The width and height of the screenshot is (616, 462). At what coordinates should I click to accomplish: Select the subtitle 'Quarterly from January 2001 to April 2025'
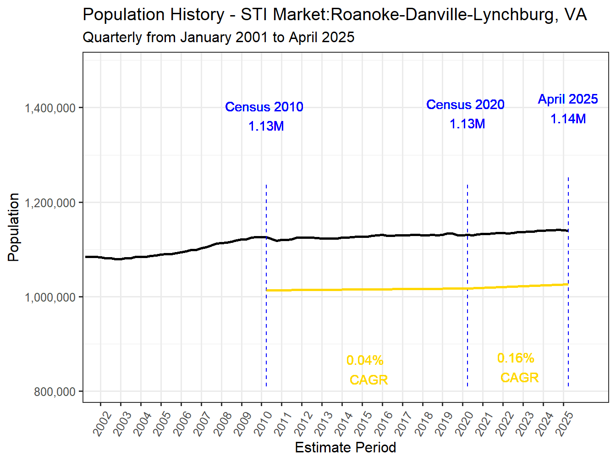click(x=218, y=37)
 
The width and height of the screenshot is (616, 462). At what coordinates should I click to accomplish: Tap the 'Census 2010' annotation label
click(x=264, y=107)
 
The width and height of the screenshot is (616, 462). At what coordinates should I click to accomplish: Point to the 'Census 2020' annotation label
click(x=465, y=104)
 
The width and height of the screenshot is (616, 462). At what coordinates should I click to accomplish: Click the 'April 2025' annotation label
click(x=568, y=99)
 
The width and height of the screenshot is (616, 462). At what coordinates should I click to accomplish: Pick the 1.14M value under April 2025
click(x=568, y=119)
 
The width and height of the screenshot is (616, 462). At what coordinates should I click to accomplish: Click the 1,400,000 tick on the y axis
click(x=50, y=108)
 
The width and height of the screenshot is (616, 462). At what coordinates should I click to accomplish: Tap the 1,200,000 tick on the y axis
click(x=50, y=203)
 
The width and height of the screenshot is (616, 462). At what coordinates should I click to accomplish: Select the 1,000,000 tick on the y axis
click(x=50, y=297)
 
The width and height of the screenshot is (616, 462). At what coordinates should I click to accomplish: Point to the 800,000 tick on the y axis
click(x=55, y=392)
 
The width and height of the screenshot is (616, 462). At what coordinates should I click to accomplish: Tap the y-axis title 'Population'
click(x=14, y=227)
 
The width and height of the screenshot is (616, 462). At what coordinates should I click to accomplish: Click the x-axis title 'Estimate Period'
click(x=345, y=447)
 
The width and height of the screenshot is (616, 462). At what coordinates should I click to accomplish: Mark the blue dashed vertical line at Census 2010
click(x=266, y=321)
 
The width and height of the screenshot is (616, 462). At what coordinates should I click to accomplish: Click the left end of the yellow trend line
click(x=268, y=290)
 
